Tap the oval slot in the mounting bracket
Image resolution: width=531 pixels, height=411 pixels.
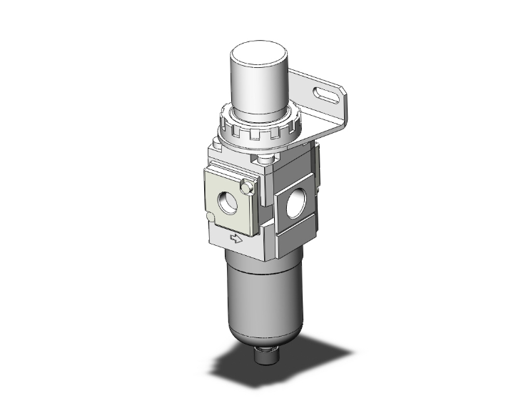pyautogui.click(x=328, y=94)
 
